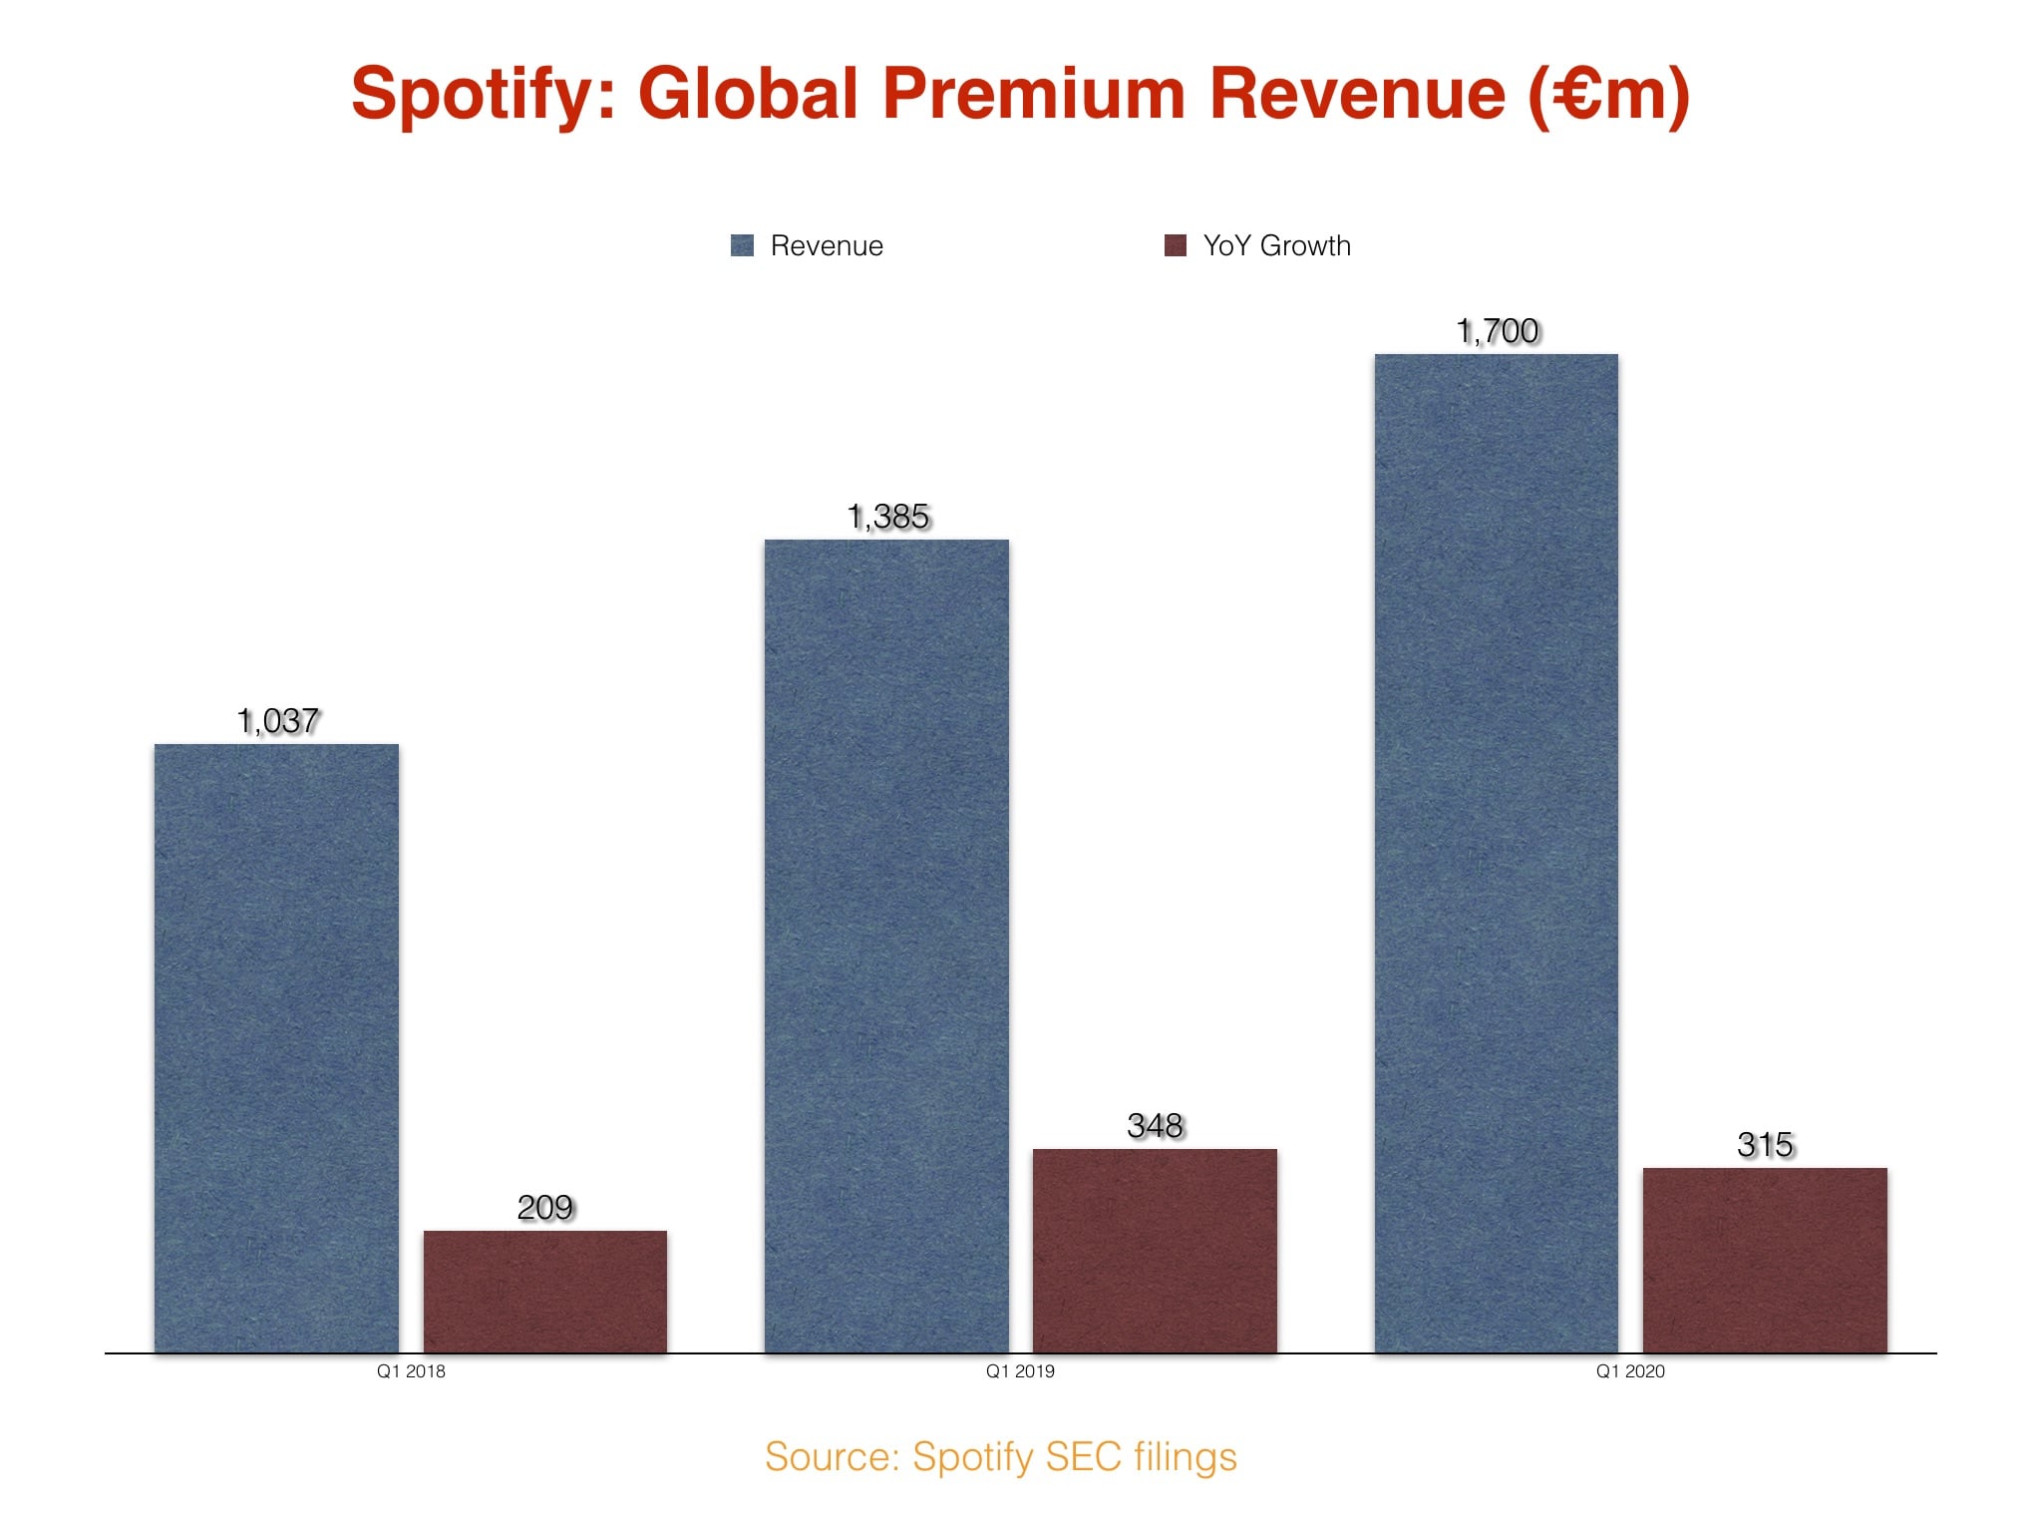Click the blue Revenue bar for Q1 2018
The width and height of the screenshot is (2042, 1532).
coord(276,1047)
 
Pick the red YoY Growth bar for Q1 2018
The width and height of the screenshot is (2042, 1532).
coord(544,1292)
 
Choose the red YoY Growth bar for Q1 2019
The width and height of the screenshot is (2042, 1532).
coord(1155,1251)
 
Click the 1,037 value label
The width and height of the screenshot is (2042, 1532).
coord(278,720)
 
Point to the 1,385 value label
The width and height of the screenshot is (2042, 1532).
coord(887,517)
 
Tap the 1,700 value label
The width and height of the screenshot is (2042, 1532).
coord(1498,331)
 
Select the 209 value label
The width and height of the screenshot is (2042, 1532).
coord(544,1208)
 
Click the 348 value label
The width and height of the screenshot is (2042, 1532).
coord(1155,1126)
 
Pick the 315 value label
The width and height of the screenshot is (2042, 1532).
coord(1765,1145)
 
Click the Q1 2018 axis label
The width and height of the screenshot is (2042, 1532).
coord(411,1371)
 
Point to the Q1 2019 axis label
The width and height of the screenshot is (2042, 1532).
coord(1020,1371)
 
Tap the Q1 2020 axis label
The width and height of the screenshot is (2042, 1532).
coord(1630,1371)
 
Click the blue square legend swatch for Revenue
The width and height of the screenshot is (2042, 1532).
coord(742,245)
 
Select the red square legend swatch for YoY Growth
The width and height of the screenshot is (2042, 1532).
coord(1176,245)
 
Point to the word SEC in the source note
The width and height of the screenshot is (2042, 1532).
coord(1083,1457)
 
